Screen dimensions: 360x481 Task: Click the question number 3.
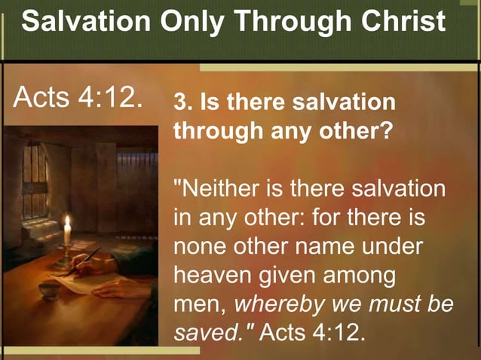181,102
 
